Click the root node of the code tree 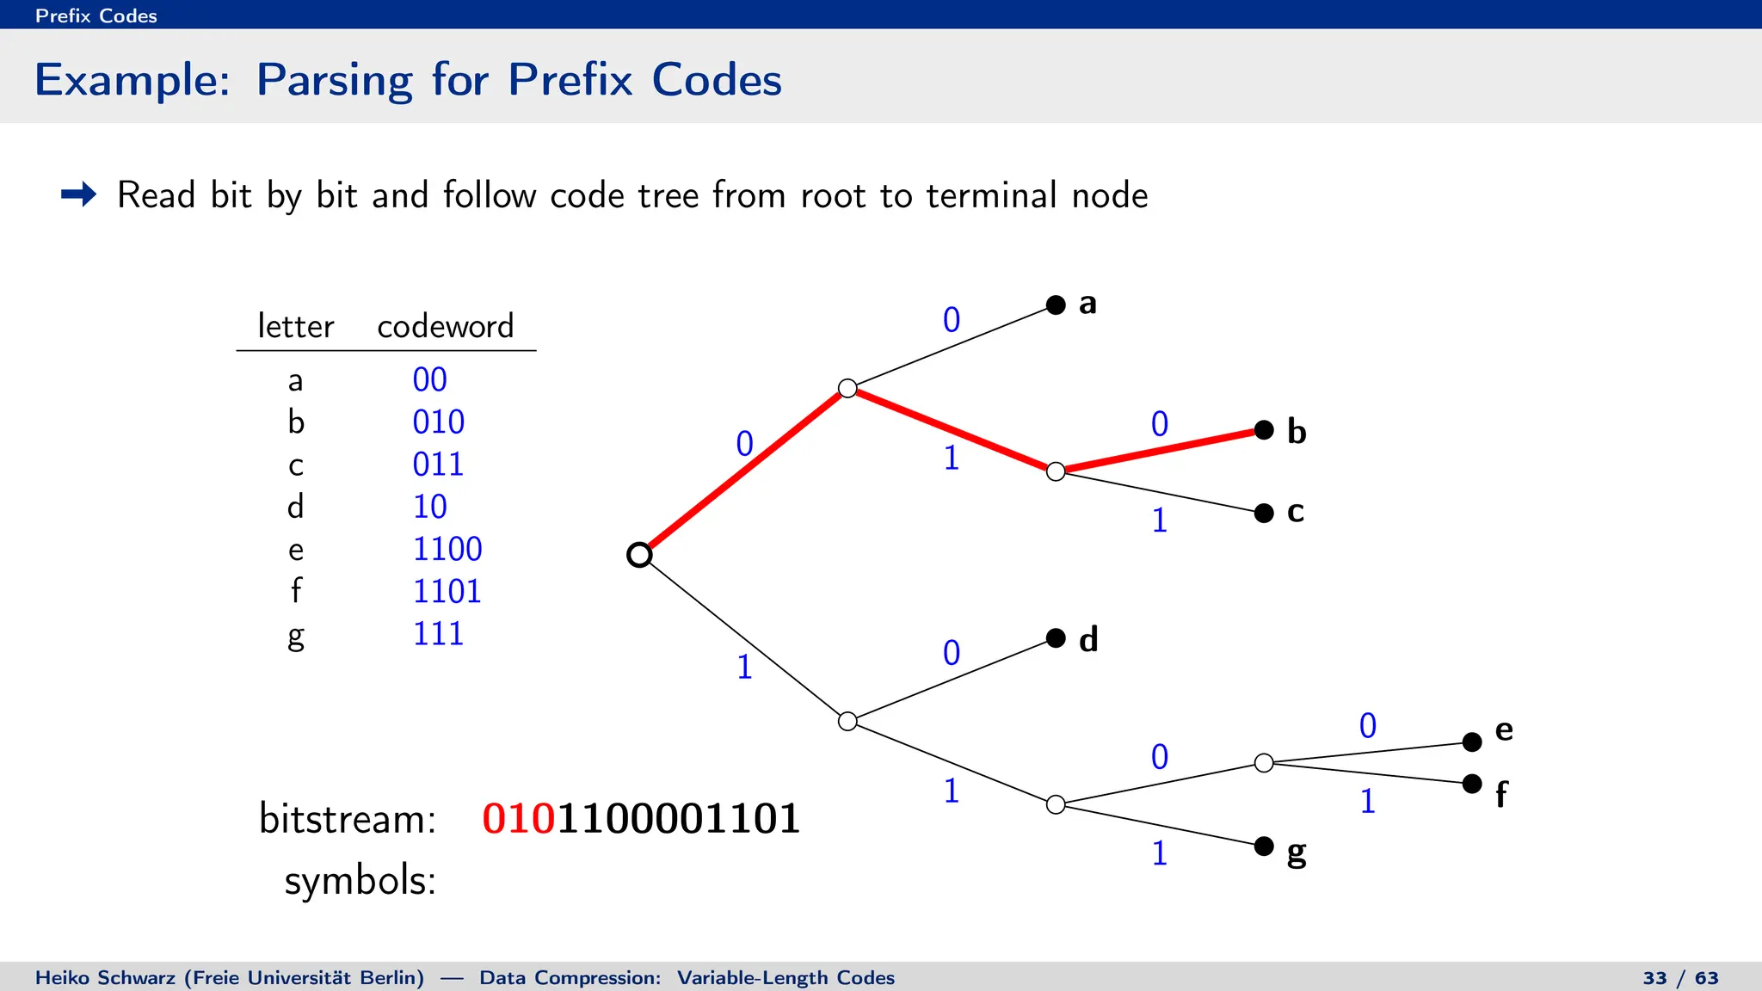tap(639, 555)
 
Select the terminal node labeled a tap(1056, 305)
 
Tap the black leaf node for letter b tap(1264, 430)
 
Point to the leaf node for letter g tap(1264, 846)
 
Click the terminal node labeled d tap(1056, 637)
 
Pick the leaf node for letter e tap(1472, 742)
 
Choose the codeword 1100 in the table tap(447, 549)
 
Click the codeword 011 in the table tap(438, 465)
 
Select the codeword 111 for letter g tap(438, 634)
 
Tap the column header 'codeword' tap(445, 326)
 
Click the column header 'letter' tap(295, 326)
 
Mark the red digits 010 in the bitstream tap(519, 818)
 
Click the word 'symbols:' tap(360, 881)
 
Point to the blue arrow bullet tap(79, 194)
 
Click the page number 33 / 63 tap(1680, 978)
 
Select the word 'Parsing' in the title tap(335, 80)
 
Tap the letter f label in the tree tap(1501, 794)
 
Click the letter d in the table tap(295, 507)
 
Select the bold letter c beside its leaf tap(1295, 511)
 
